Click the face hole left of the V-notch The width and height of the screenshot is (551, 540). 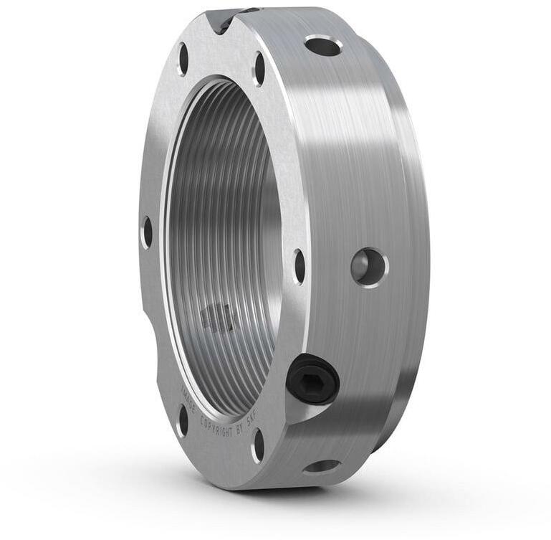point(183,60)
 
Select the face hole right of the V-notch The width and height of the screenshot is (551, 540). point(259,70)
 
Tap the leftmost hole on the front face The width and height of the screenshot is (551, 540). point(148,232)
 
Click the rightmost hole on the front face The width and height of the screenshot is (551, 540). point(299,266)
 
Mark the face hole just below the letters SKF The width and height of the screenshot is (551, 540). point(258,445)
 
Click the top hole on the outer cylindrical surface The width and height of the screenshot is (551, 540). point(322,47)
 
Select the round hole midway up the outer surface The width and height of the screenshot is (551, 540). point(369,267)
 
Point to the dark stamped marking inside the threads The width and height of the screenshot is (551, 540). point(217,316)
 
